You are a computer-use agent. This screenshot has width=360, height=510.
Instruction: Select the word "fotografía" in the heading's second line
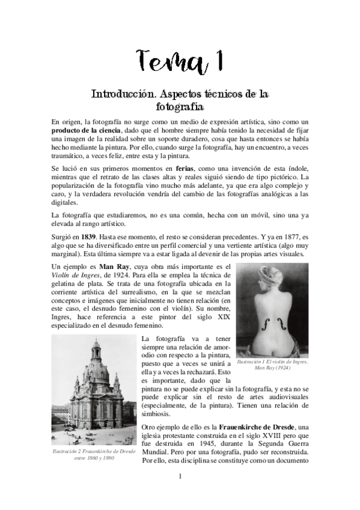[180, 107]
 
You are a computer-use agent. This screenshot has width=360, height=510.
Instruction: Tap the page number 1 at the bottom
[180, 477]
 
